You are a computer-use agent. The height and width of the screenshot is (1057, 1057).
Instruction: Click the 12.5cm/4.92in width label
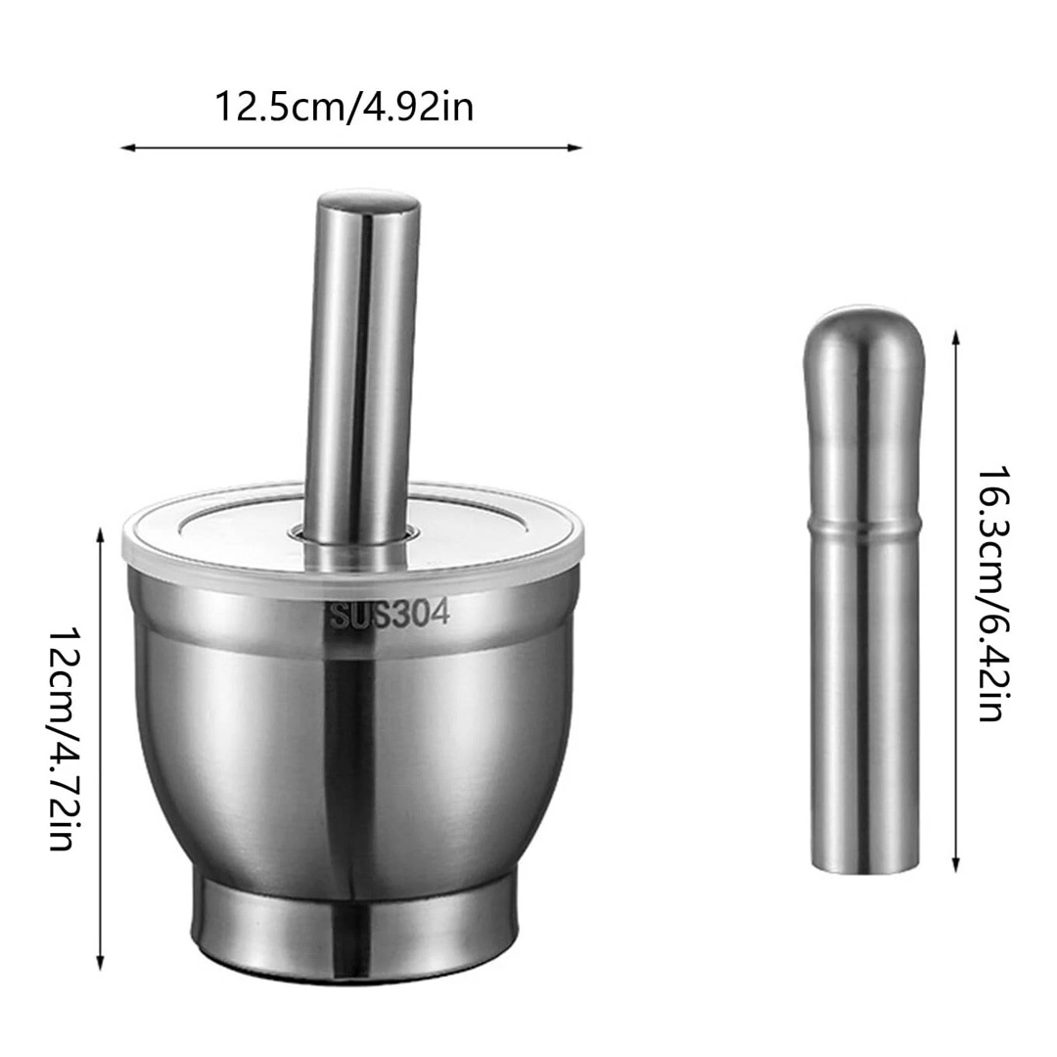click(x=345, y=106)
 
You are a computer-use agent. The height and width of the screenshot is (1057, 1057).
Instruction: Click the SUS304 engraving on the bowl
click(x=389, y=615)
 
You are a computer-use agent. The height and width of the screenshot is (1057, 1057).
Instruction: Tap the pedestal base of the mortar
click(x=352, y=930)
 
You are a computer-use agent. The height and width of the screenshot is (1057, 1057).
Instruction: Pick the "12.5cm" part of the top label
click(x=277, y=106)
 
